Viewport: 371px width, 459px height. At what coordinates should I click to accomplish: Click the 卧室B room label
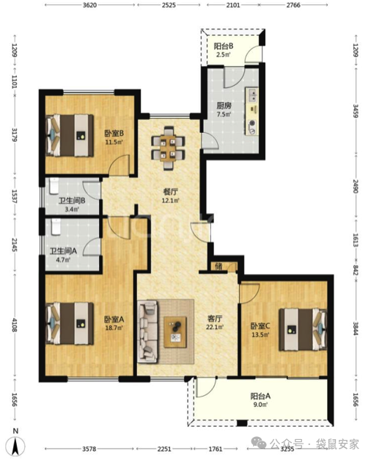click(114, 134)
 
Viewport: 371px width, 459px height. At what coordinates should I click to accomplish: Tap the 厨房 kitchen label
click(224, 106)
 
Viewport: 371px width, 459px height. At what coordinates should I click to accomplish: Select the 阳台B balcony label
click(224, 46)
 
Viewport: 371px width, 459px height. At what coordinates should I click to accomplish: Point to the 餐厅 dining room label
click(170, 192)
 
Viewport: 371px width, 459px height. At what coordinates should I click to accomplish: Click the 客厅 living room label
click(215, 319)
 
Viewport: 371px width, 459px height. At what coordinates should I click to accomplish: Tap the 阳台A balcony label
click(260, 397)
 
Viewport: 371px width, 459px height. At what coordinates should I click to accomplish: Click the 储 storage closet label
click(218, 267)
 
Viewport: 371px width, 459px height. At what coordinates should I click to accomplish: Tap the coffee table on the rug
click(175, 332)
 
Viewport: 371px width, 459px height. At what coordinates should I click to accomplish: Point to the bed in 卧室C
click(303, 329)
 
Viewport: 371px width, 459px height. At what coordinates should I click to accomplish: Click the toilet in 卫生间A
click(56, 227)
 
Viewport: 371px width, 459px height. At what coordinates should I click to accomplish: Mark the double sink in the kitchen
click(253, 94)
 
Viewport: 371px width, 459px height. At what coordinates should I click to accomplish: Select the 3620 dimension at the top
click(89, 5)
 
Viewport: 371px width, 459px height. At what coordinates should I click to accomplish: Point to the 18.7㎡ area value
click(114, 328)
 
